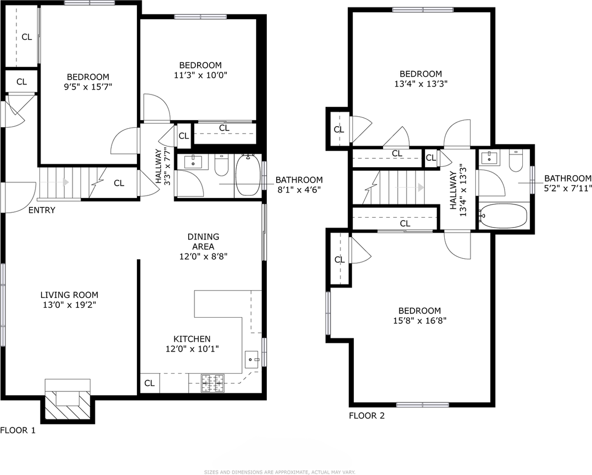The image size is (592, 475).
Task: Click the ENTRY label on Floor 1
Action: point(42,210)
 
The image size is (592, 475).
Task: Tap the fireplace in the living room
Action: point(67,400)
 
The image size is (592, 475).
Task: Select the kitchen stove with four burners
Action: point(212,382)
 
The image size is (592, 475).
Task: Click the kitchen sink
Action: point(253,358)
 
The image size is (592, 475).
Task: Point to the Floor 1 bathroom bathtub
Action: point(248,175)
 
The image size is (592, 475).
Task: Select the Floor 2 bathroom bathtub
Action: point(503,216)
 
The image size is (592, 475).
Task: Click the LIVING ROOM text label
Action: point(69,295)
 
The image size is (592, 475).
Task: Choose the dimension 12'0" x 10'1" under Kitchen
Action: point(192,348)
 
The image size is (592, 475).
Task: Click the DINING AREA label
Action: point(203,241)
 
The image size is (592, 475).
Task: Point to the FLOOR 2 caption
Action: point(367,416)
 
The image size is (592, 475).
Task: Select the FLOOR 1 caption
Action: point(18,430)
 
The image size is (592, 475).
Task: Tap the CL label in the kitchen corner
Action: point(149,383)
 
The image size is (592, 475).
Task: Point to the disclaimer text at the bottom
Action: point(280,472)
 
